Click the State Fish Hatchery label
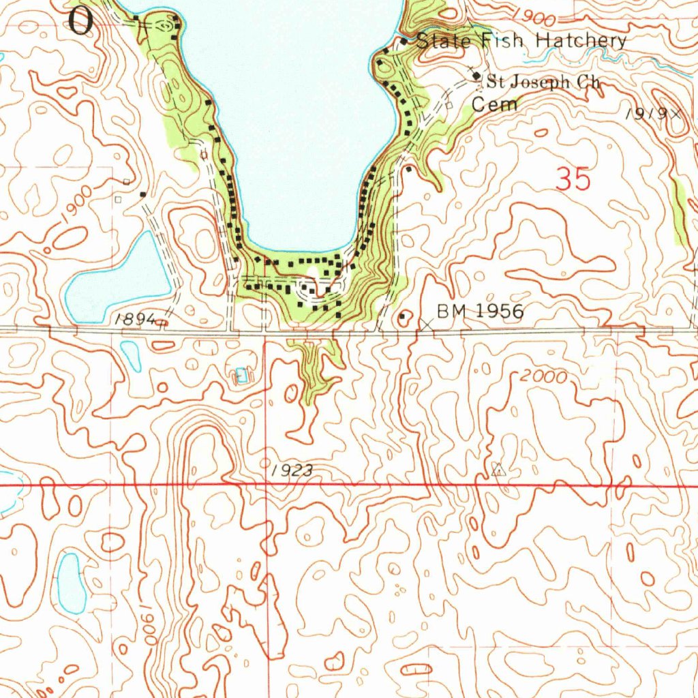point(521,41)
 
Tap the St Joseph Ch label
point(543,82)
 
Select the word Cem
point(495,104)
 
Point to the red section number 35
point(573,180)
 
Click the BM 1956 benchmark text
point(481,312)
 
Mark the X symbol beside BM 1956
point(427,325)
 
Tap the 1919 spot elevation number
point(646,113)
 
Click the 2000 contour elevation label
point(543,376)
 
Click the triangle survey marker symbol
point(498,469)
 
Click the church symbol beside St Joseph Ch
point(476,76)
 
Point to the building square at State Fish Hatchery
point(404,42)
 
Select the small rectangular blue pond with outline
point(241,374)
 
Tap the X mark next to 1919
point(676,114)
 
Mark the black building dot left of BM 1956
point(402,316)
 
